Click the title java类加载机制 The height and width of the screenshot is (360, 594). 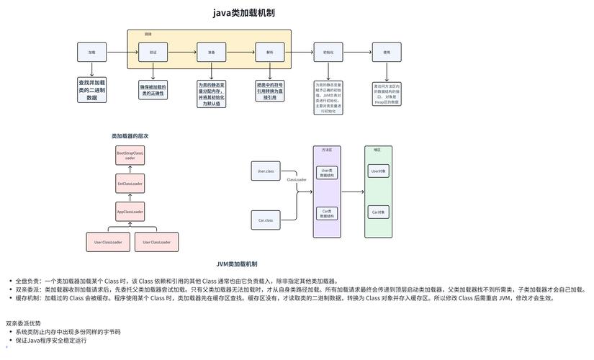243,13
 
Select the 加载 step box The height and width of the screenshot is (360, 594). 91,52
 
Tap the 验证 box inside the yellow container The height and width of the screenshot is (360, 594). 153,52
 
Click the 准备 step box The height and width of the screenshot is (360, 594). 212,52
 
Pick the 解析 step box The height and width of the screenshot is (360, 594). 270,52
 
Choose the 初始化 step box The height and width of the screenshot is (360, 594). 328,52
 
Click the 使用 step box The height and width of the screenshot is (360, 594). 387,52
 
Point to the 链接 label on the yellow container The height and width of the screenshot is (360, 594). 148,34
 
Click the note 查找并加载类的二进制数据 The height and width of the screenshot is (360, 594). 91,89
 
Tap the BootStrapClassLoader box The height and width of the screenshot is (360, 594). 130,156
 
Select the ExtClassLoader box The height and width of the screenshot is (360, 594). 130,184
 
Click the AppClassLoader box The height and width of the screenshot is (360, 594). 130,212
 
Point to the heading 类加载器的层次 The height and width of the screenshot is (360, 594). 130,136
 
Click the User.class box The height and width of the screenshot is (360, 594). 265,171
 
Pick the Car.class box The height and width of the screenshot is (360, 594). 265,220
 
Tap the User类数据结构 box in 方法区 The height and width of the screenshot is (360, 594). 327,173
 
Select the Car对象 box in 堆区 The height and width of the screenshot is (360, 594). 379,212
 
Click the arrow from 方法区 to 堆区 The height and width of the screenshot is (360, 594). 353,192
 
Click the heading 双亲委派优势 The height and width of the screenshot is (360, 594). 24,324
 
